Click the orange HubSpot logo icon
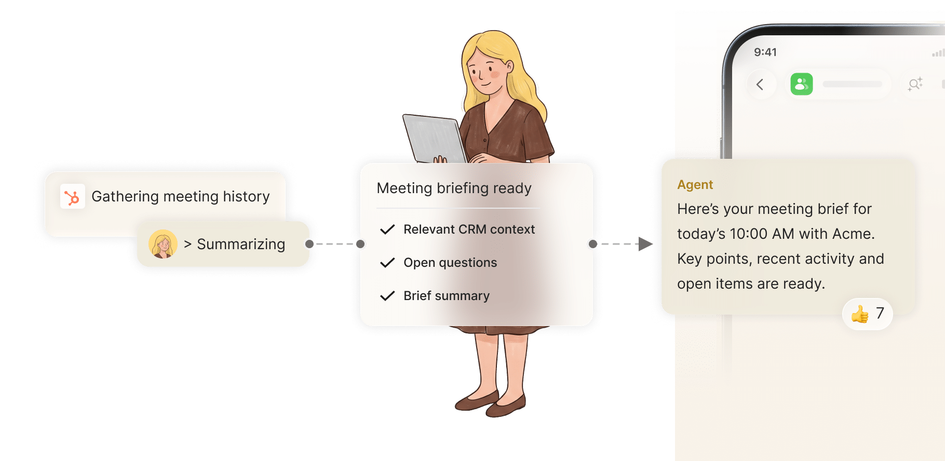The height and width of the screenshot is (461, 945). point(72,197)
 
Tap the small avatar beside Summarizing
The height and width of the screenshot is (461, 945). point(163,244)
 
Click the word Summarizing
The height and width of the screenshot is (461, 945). point(241,245)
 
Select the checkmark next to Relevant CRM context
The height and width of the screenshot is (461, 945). point(387,229)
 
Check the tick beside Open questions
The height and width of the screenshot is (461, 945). point(387,263)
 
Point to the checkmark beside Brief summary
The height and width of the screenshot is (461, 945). point(387,296)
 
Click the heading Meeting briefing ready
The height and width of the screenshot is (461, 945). point(454,188)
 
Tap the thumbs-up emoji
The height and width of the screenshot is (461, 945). point(860,314)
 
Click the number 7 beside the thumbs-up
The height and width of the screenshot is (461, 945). point(880,313)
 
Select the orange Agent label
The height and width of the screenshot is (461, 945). point(695,185)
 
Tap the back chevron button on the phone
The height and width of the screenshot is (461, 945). point(760,84)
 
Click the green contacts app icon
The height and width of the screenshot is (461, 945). point(802,84)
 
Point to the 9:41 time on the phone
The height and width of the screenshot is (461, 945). point(765,52)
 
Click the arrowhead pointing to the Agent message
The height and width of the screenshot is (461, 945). point(645,244)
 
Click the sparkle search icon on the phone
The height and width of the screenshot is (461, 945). point(915,84)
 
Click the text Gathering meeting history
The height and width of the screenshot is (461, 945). point(181,197)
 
